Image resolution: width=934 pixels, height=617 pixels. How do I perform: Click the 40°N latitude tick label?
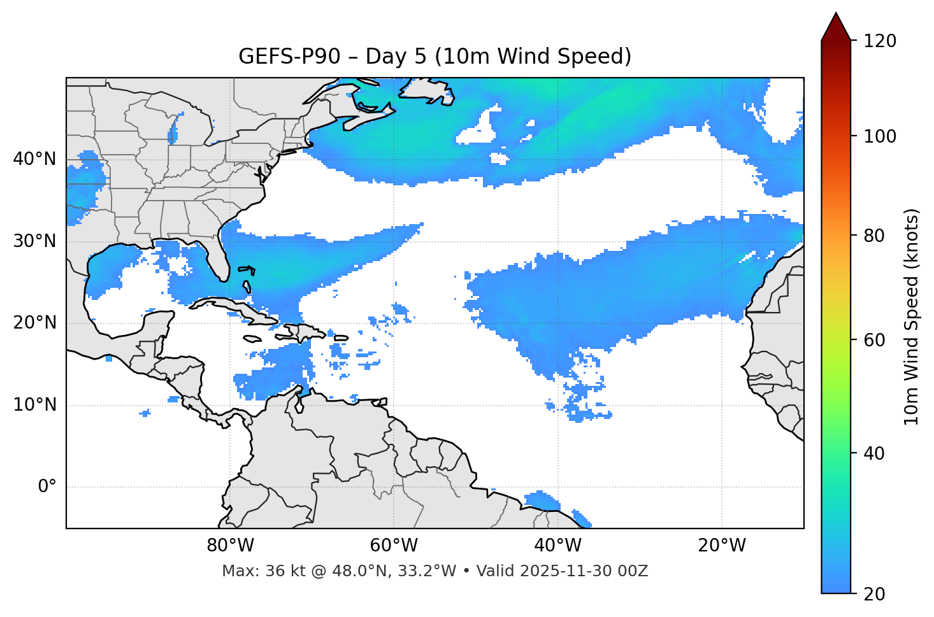click(34, 159)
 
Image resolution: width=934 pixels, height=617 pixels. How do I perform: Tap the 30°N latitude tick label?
click(34, 241)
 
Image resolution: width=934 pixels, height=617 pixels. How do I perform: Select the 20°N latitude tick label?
click(34, 323)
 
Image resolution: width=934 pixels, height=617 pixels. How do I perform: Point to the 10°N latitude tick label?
click(34, 405)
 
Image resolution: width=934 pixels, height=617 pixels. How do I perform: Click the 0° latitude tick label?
click(47, 487)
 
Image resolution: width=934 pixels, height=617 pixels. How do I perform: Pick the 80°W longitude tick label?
click(230, 546)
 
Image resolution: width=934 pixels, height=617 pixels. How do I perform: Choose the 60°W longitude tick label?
click(394, 546)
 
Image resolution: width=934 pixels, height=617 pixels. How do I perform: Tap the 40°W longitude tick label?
click(557, 546)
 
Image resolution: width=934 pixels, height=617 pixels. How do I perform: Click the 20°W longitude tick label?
click(722, 546)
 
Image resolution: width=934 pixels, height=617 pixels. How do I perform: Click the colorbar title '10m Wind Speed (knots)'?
click(912, 316)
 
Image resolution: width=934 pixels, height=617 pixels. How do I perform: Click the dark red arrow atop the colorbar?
click(836, 28)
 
